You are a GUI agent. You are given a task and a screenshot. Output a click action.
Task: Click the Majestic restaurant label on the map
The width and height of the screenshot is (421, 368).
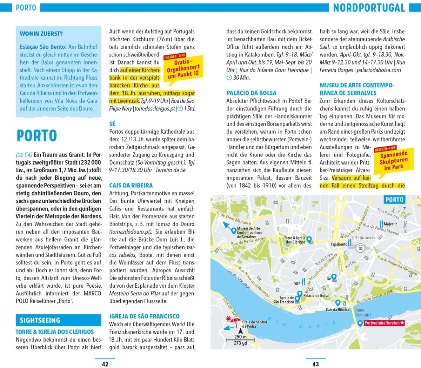coord(390,224)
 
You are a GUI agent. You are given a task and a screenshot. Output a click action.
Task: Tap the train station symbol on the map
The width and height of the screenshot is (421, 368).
coord(360,248)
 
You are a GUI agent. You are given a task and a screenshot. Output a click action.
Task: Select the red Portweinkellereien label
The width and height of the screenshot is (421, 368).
coord(384,323)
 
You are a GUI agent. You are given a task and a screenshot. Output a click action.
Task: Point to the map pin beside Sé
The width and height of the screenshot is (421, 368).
coord(334,277)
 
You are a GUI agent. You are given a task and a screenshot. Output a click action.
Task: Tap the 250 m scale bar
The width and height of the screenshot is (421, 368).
coord(241,336)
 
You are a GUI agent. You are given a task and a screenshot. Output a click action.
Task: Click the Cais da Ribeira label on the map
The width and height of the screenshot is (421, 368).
coord(338,309)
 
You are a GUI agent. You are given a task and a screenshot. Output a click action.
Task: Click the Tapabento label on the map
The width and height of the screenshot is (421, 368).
coord(339,244)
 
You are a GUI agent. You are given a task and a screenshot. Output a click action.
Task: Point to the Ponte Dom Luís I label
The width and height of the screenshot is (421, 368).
coord(363,313)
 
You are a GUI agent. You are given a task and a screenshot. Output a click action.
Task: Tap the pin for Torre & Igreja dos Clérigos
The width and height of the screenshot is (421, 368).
coord(309,240)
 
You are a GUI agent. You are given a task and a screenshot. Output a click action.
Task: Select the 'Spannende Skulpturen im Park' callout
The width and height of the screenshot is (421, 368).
coord(393,160)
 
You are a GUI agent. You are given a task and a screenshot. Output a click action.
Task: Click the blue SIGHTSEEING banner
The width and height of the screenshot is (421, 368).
coord(58,320)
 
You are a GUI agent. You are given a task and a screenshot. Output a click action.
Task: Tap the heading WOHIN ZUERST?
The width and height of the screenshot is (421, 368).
coord(41,34)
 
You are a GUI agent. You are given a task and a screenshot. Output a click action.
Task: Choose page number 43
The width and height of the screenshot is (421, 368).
coord(315,364)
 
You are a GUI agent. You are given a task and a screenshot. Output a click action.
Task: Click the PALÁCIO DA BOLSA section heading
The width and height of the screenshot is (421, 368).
coord(251,93)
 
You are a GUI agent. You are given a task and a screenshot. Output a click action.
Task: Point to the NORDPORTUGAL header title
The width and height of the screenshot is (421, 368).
coord(369,8)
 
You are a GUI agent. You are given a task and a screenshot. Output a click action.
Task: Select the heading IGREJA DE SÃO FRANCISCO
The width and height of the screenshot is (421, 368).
coord(144,316)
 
